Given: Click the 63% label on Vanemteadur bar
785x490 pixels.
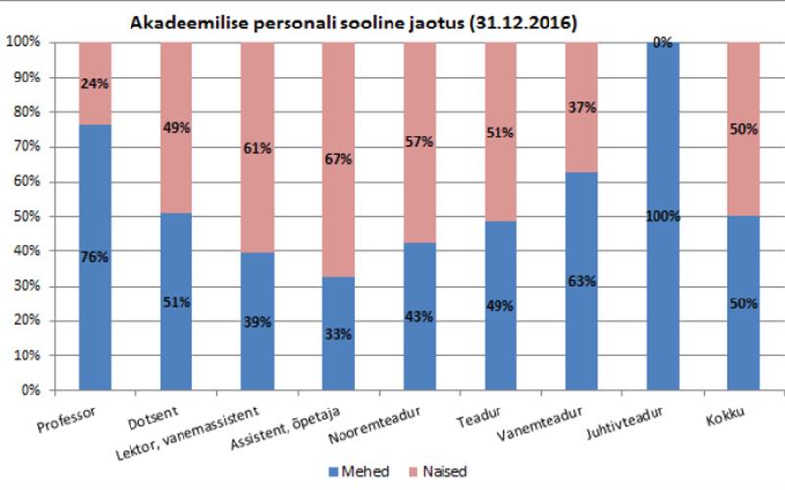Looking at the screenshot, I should pyautogui.click(x=582, y=282).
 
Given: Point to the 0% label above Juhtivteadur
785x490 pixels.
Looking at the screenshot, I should pyautogui.click(x=663, y=43).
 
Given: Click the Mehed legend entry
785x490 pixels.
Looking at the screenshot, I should pyautogui.click(x=355, y=471).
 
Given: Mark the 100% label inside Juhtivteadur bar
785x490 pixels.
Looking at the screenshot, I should pyautogui.click(x=663, y=216).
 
